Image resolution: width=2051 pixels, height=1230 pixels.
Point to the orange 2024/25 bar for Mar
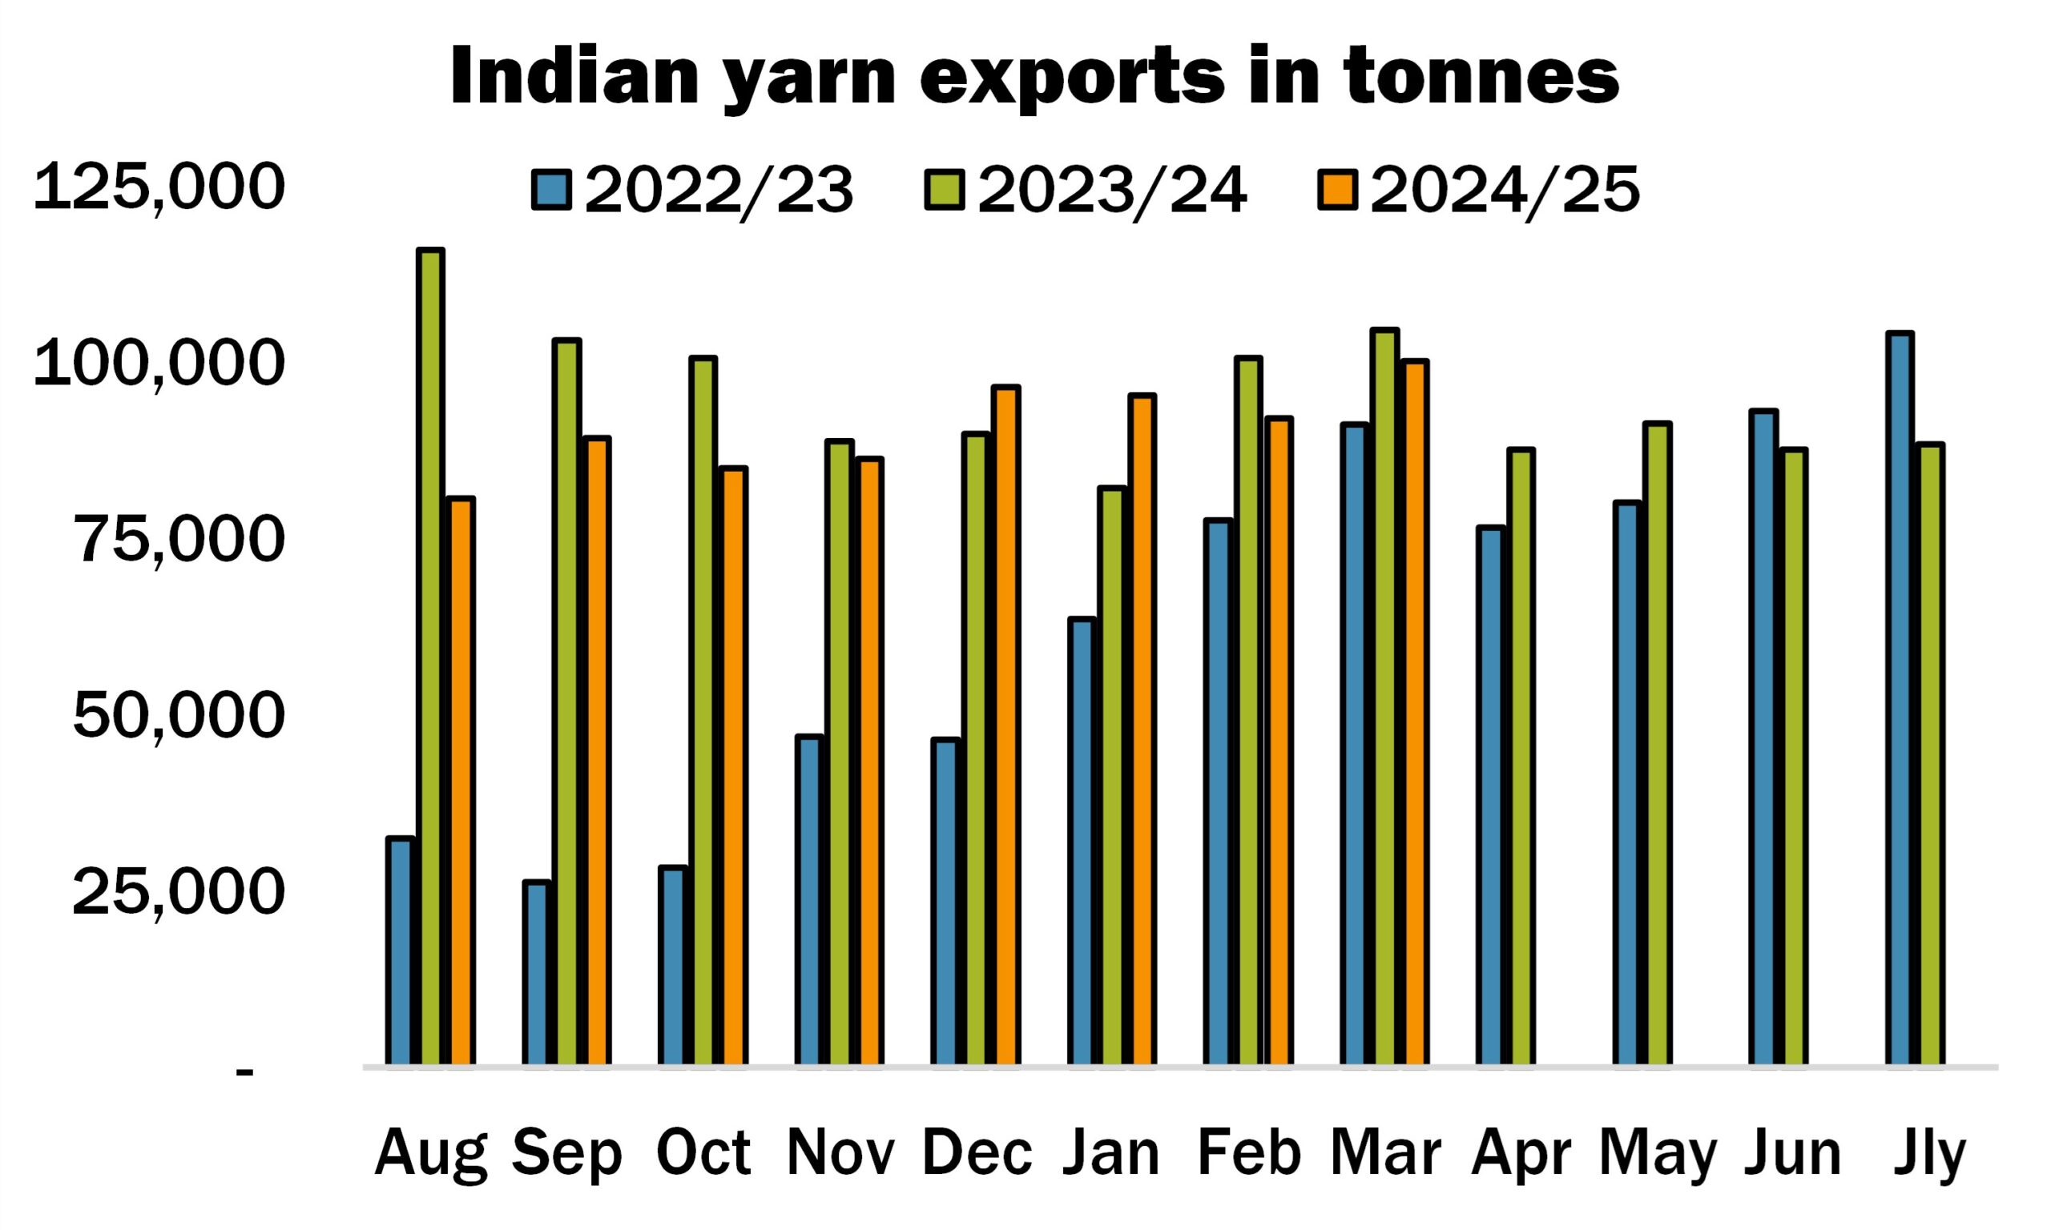click(x=1414, y=712)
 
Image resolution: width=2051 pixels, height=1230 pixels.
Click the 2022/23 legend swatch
click(x=551, y=191)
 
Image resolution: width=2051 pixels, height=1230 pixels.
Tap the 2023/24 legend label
click(x=1112, y=191)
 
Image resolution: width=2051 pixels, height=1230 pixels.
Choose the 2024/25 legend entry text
click(x=1505, y=191)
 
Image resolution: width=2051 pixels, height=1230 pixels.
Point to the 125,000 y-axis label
click(x=159, y=187)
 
